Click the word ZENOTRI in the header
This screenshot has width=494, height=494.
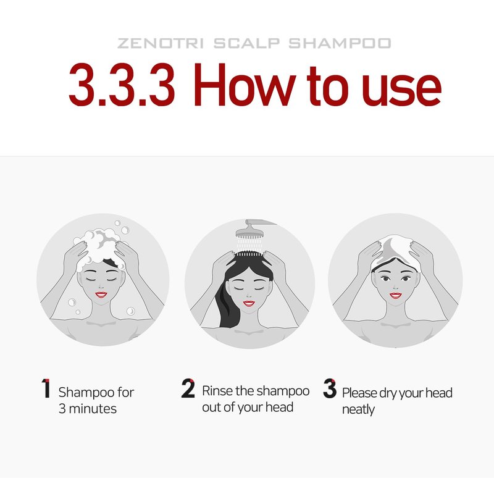tap(161, 43)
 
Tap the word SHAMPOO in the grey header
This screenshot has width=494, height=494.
tap(340, 43)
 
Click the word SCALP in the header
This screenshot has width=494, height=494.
tap(246, 43)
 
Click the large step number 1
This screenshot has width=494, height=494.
tap(46, 388)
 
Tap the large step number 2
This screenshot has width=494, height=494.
tap(188, 388)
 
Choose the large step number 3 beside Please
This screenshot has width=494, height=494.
tap(330, 388)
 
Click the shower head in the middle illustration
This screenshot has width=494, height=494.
tap(252, 230)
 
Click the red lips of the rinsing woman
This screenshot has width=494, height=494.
tap(249, 303)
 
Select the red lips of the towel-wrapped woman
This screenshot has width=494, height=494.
tap(395, 295)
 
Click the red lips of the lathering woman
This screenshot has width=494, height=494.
tap(101, 295)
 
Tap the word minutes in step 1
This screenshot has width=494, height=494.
tap(93, 409)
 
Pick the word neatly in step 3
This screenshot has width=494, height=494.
tap(359, 410)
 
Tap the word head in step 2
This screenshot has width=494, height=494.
tap(279, 407)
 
